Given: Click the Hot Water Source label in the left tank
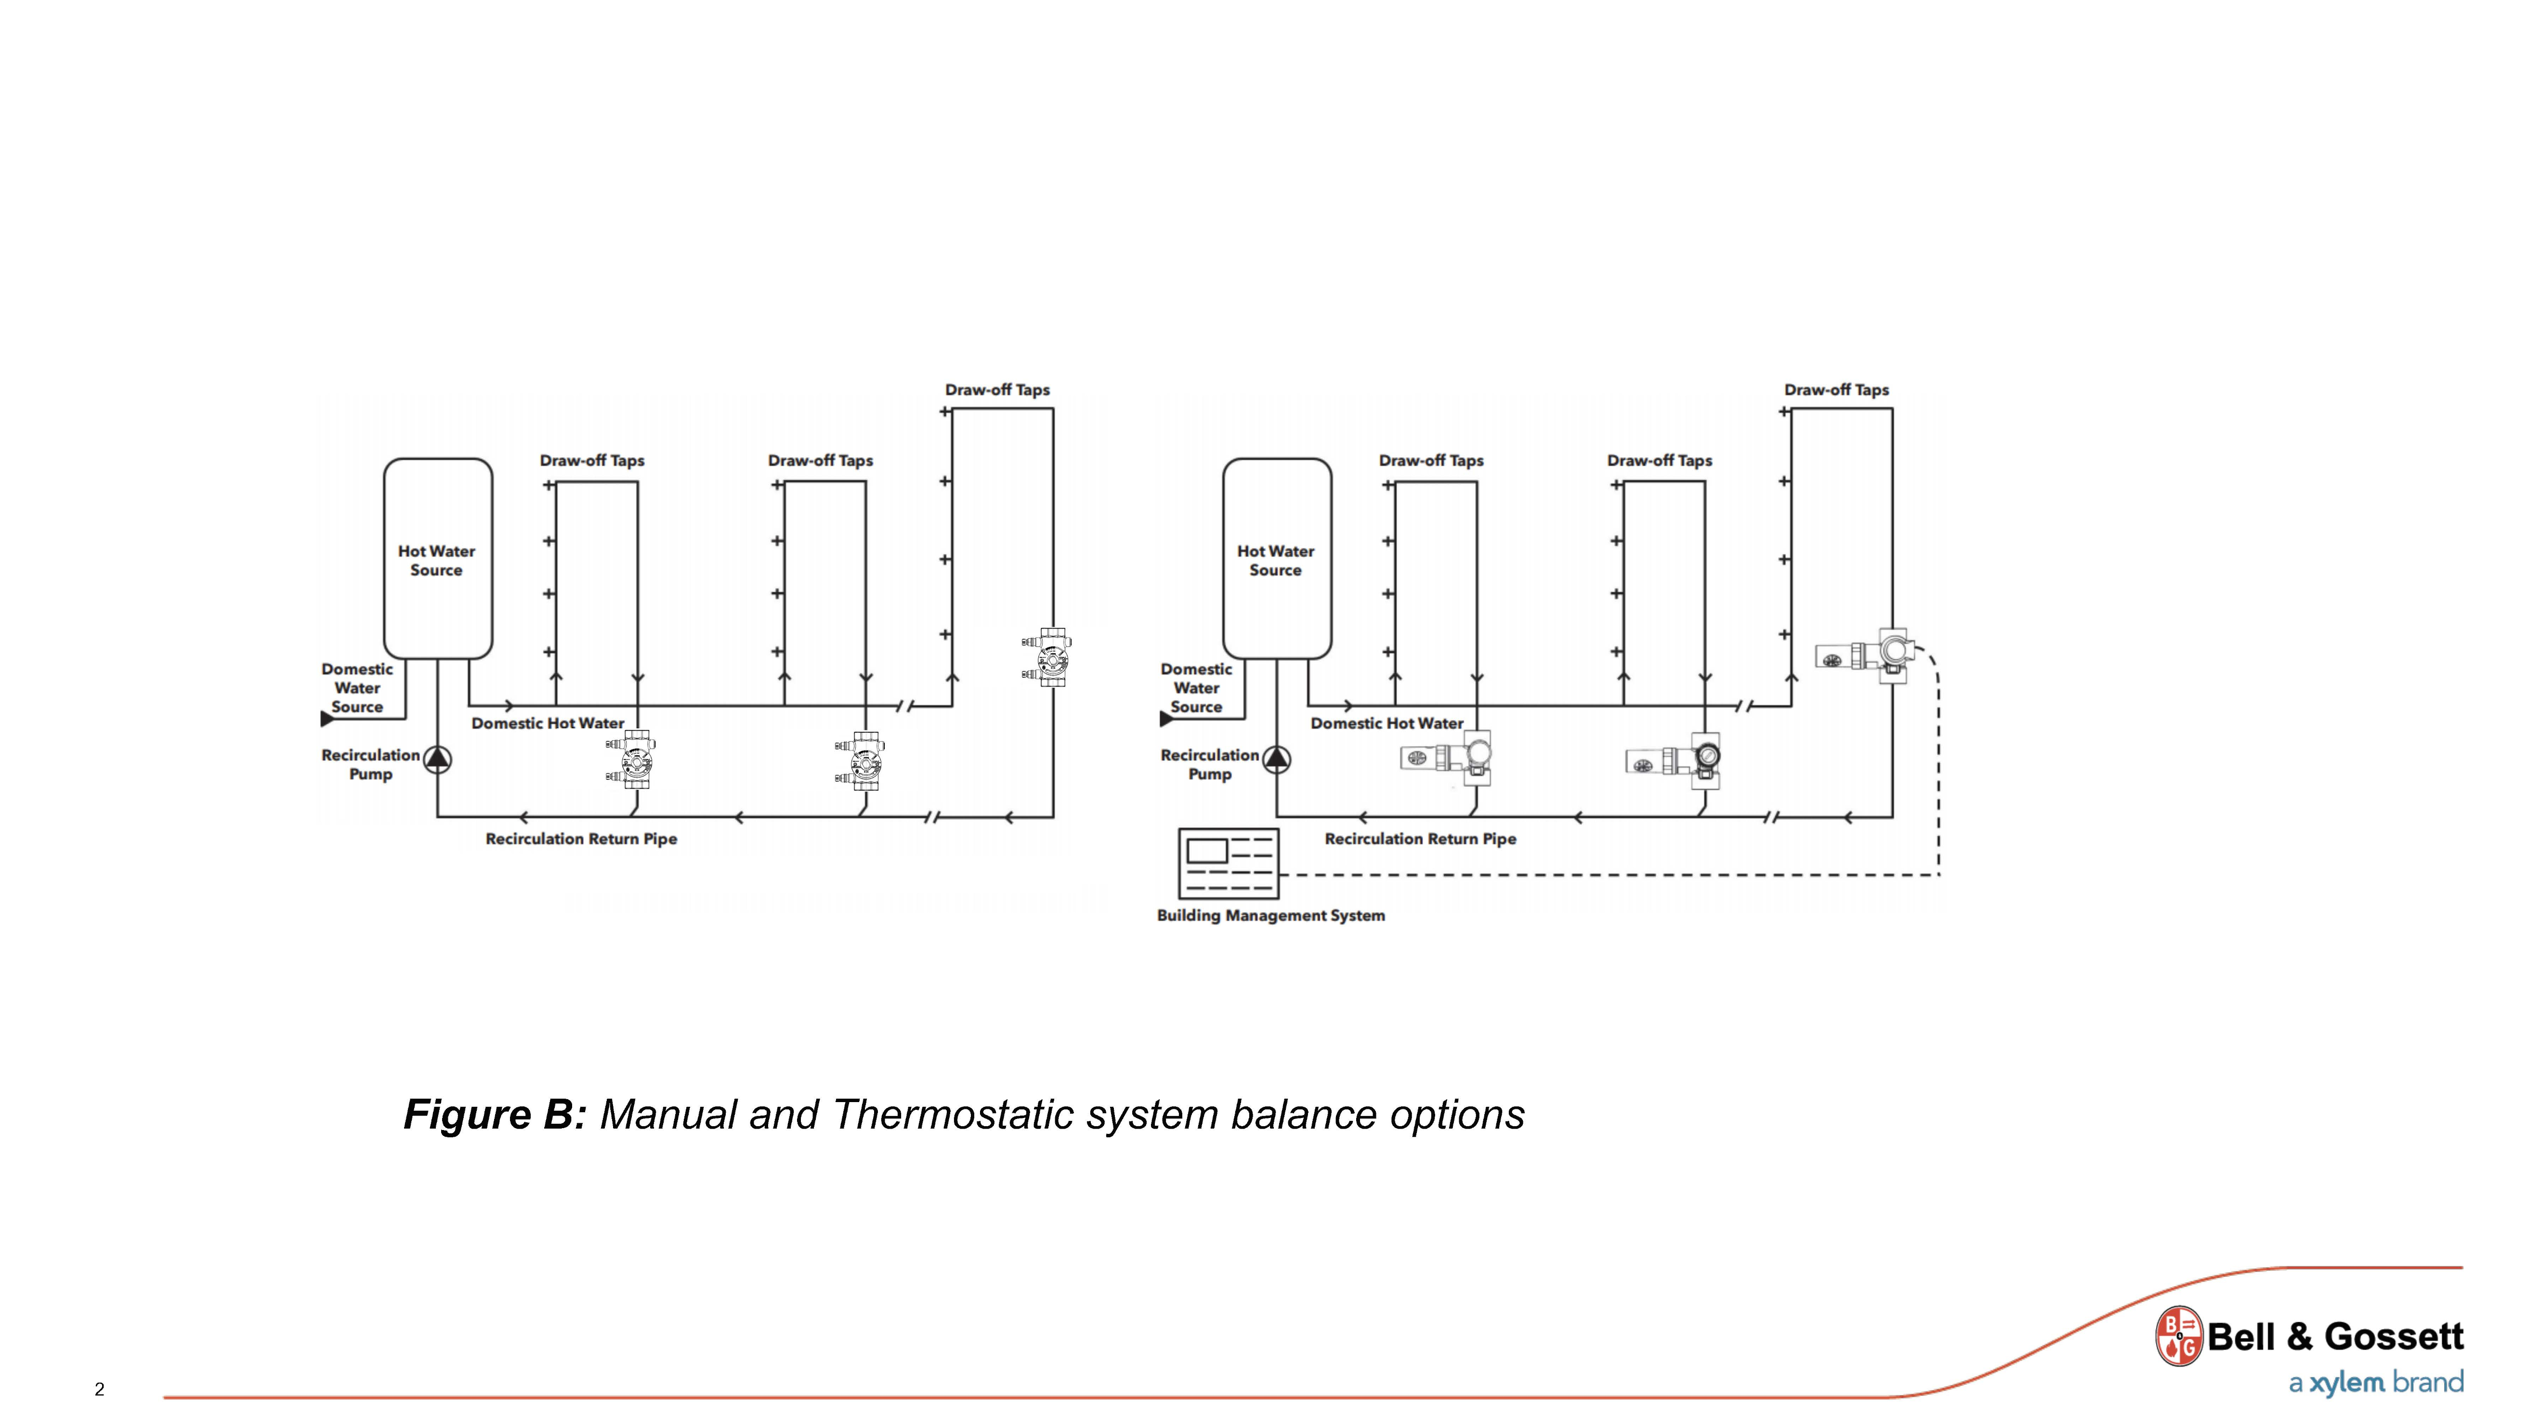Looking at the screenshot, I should (x=436, y=561).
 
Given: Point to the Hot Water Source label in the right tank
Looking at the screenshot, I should (x=1275, y=561).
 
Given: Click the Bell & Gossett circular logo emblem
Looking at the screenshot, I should (x=2178, y=1336).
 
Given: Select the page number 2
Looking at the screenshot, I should (x=99, y=1389).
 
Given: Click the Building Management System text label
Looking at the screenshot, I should (x=1271, y=915).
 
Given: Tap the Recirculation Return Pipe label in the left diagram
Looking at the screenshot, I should (x=581, y=839).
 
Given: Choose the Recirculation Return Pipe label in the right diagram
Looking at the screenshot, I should (x=1420, y=839).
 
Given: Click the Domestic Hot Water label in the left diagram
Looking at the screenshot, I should (x=548, y=723).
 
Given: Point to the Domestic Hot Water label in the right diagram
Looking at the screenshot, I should (x=1386, y=723).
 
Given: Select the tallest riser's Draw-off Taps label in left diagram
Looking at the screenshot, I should (x=996, y=390).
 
